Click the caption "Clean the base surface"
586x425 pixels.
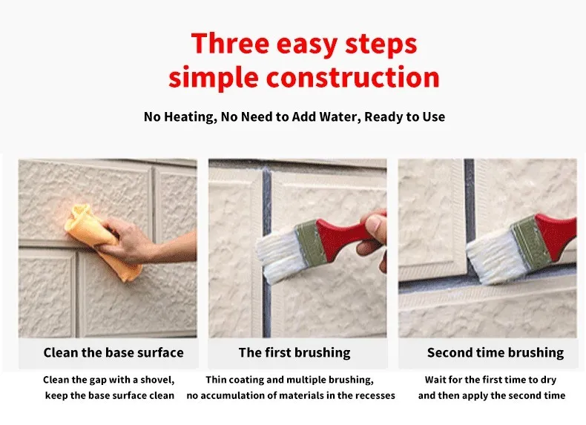tap(113, 353)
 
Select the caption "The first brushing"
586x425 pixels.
tap(294, 353)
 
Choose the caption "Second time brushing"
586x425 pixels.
tap(495, 353)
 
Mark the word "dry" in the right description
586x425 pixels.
tap(547, 380)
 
